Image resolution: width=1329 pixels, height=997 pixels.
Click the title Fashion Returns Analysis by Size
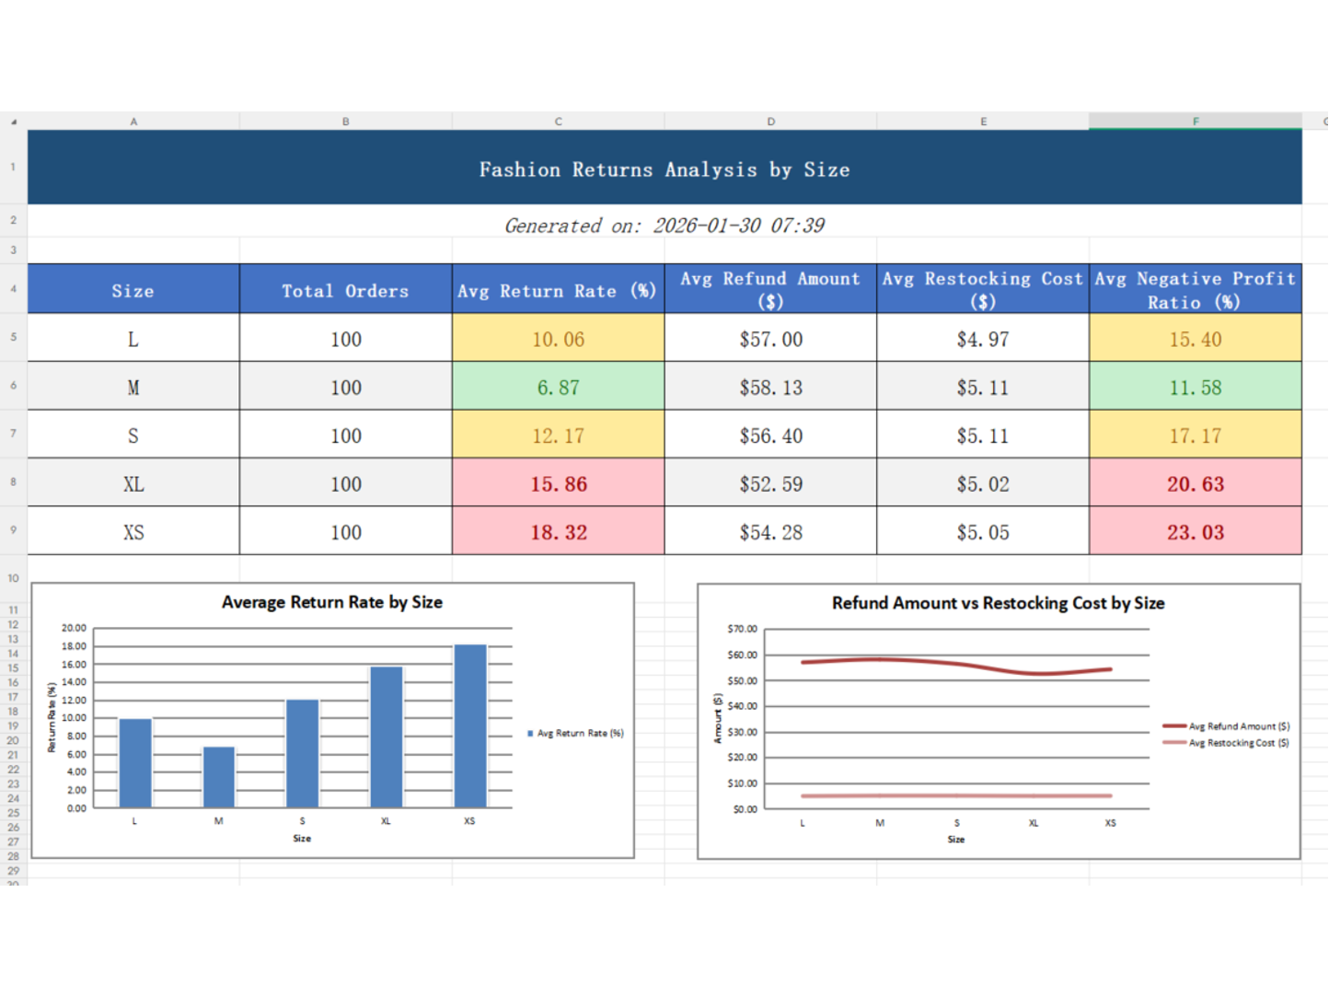(x=664, y=169)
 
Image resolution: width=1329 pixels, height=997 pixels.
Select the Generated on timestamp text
(x=664, y=226)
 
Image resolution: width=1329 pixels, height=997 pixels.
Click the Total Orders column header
(x=345, y=291)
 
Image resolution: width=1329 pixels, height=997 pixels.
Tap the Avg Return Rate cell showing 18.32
(x=558, y=532)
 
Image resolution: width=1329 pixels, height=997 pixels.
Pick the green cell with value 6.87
(x=558, y=388)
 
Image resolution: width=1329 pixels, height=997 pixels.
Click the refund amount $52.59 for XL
(x=770, y=484)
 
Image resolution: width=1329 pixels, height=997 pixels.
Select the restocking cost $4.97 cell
(x=982, y=340)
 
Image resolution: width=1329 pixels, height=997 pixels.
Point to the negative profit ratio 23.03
(x=1195, y=532)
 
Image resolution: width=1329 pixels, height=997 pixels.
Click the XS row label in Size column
(x=133, y=532)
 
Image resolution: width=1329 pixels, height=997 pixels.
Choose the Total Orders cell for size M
(x=345, y=388)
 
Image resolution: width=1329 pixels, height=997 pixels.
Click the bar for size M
(x=219, y=778)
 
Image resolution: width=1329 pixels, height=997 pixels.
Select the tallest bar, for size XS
(x=470, y=726)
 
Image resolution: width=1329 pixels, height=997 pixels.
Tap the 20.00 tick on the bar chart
(x=74, y=628)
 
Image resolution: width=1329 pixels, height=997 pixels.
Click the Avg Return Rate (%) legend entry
(x=579, y=734)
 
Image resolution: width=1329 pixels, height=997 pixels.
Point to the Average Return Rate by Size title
(x=332, y=602)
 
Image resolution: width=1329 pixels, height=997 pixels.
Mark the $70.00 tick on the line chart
(x=742, y=629)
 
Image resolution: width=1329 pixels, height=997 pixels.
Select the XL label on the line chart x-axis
(x=1034, y=823)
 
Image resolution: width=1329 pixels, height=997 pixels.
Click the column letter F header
(x=1195, y=122)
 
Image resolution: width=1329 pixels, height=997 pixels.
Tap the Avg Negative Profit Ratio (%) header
(x=1195, y=290)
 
